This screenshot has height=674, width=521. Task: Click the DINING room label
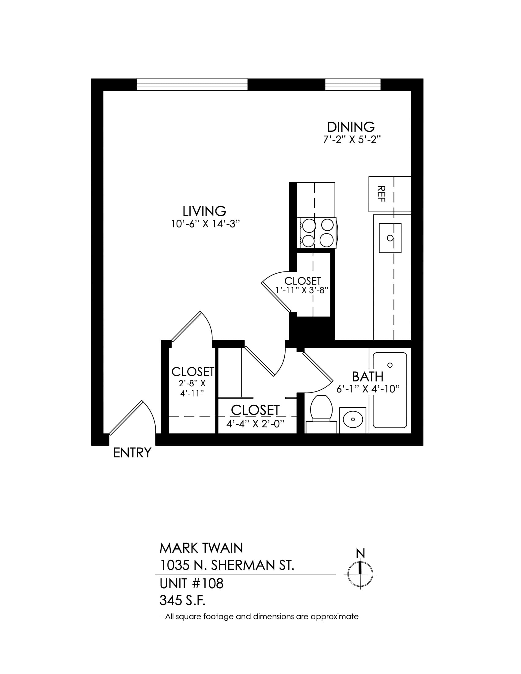coord(351,127)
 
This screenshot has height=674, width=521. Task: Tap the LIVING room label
coord(204,211)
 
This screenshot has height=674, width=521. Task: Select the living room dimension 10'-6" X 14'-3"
coord(206,224)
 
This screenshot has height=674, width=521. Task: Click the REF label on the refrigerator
coord(382,194)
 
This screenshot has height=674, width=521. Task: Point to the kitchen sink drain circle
coord(390,238)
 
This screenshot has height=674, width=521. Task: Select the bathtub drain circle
coord(390,365)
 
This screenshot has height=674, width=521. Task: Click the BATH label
coord(367,377)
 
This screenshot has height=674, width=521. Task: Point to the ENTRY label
coord(132,453)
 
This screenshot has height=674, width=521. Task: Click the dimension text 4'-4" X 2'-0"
coord(255,424)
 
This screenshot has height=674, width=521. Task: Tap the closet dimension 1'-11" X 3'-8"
coord(301,290)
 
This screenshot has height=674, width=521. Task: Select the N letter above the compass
coord(360,553)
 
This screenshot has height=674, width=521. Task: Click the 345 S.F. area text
coord(182,600)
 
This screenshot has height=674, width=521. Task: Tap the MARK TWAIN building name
coord(201,548)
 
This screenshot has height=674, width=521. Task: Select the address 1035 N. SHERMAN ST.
coord(227,565)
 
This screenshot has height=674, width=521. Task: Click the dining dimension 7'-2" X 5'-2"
coord(352,140)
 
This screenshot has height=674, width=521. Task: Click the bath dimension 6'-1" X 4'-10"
coord(368,389)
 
